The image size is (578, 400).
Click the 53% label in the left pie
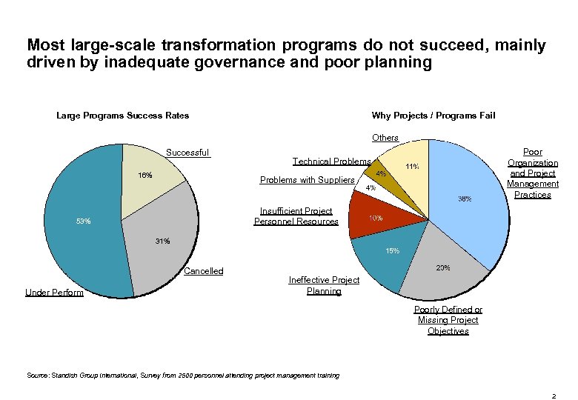[83, 221]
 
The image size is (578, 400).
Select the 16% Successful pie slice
[152, 172]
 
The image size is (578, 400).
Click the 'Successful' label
[187, 153]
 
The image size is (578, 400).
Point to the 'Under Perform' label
[54, 293]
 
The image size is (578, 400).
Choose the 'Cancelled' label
[203, 271]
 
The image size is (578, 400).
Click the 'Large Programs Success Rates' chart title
[123, 115]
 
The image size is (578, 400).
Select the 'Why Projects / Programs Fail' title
[433, 115]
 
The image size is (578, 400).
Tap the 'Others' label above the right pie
[385, 138]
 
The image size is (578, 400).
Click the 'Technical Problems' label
[331, 161]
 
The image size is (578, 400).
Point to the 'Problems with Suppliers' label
[308, 180]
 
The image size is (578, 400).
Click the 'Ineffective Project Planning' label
[324, 285]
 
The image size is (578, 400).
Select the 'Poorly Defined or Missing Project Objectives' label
[448, 320]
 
